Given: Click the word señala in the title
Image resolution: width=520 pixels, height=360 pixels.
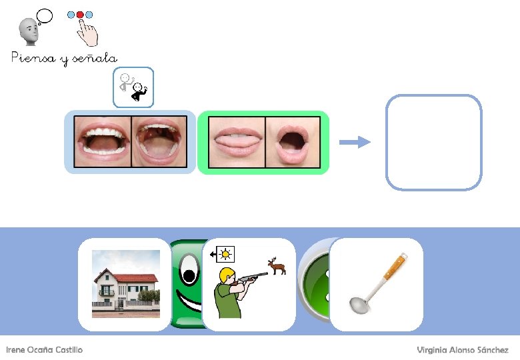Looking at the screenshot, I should pos(94,59).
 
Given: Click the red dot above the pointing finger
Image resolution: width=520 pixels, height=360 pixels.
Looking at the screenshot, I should pos(81,14).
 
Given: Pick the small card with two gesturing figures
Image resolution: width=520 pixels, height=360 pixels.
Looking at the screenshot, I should pos(133,87).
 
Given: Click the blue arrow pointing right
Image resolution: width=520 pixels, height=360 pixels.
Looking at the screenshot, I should pos(354,141).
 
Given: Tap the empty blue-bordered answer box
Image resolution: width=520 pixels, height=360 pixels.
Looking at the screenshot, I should pos(433,142).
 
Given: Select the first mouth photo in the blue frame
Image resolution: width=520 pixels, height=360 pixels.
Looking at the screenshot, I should pos(103,142).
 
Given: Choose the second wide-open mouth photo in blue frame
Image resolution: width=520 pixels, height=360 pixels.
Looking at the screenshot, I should pos(159,142).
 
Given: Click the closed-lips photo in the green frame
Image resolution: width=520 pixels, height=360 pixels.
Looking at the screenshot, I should pos(237,143).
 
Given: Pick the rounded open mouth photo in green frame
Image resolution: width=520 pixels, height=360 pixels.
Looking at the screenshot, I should pos(293,143).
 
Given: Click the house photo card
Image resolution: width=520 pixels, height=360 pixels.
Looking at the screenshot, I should pos(125,284).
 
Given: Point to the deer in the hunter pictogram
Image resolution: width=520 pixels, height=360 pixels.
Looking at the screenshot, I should pos(277,266).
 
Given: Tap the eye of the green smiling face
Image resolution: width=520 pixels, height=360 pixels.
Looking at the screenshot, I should pos(189,274).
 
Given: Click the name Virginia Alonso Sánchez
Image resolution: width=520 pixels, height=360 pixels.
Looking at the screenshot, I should pos(463,350).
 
